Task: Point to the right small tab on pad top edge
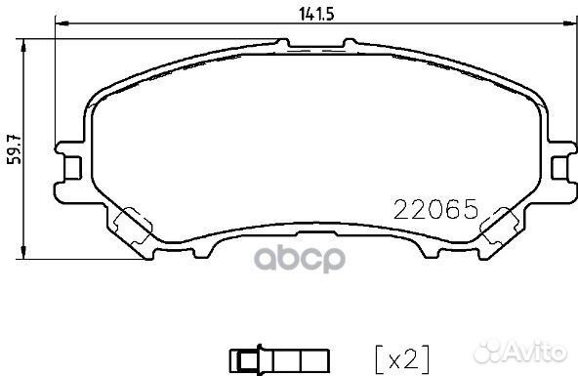click(x=347, y=41)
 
